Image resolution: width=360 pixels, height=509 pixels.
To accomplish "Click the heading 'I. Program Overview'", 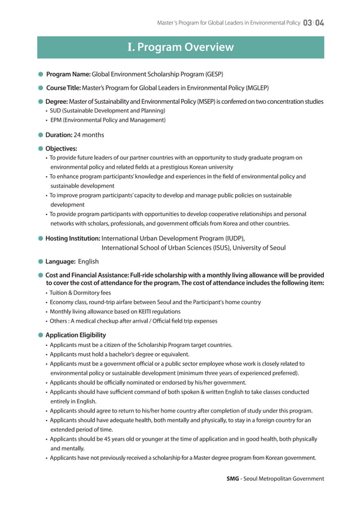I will (181, 47).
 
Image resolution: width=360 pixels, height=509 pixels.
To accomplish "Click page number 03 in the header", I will (308, 23).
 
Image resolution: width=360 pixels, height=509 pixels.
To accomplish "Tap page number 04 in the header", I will (319, 23).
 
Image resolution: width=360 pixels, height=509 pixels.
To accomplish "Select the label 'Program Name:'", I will (68, 74).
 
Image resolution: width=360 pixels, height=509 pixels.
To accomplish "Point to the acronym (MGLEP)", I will (257, 88).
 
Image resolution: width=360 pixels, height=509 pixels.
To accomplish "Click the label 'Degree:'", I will (56, 102).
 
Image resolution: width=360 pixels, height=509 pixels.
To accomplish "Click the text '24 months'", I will (89, 135).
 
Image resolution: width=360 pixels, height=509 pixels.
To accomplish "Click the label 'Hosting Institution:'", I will (73, 238).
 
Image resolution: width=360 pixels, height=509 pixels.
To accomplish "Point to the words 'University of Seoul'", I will (259, 248).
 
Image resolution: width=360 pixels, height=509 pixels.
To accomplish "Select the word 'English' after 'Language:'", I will (88, 261).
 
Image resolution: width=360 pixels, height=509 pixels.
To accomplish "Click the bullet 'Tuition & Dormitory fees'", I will (80, 293).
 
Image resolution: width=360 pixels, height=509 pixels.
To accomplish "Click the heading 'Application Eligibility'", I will (76, 335).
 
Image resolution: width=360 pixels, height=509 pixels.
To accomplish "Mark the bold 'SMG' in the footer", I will (232, 479).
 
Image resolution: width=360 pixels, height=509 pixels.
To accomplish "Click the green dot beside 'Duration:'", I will (41, 135).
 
